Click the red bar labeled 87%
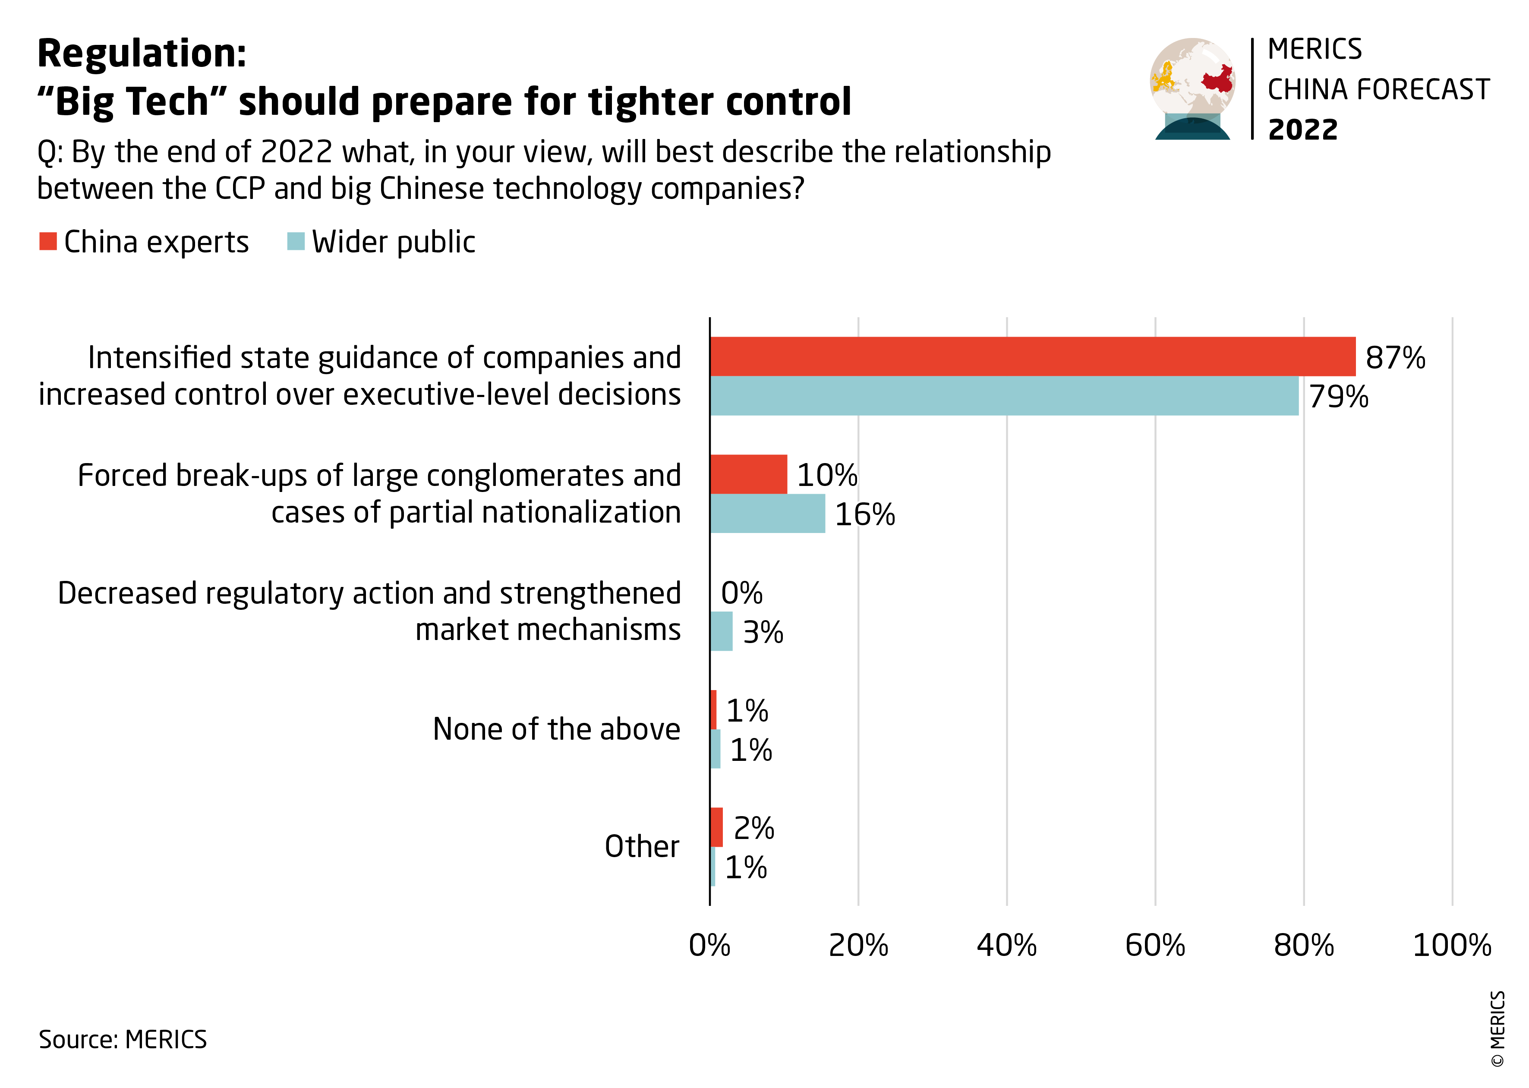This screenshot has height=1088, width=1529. coord(1032,356)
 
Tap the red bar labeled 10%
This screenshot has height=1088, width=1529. coord(748,474)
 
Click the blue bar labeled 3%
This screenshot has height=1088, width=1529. coord(721,631)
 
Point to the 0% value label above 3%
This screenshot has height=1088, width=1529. coord(741,593)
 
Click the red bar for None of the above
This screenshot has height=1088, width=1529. coord(713,710)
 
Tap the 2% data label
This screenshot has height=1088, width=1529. coord(754,828)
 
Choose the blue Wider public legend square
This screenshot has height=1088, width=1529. coord(295,241)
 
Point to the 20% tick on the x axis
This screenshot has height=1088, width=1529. coord(858,945)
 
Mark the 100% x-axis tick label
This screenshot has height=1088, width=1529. coord(1451,945)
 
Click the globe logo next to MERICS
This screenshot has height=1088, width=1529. coord(1193,88)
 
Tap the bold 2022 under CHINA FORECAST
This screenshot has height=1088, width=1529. coord(1302,129)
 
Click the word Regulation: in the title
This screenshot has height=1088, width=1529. coord(142,54)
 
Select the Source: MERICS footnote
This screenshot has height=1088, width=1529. coord(123,1039)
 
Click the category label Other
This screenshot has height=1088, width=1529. coord(642,846)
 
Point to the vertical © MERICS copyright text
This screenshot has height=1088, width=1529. coord(1497,1028)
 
